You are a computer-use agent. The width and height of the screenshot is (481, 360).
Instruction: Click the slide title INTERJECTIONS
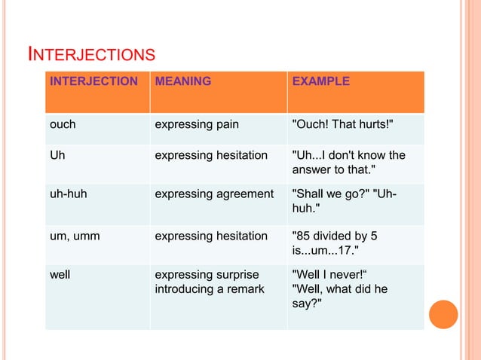tap(91, 54)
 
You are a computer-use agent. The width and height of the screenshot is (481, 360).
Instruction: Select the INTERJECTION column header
tap(93, 81)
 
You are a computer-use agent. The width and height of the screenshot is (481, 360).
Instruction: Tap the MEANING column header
tap(182, 81)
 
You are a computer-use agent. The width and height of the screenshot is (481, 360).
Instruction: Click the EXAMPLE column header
tap(320, 81)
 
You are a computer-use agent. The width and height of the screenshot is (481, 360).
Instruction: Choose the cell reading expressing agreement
tap(214, 194)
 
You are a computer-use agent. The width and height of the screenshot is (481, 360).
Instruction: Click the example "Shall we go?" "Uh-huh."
tap(345, 200)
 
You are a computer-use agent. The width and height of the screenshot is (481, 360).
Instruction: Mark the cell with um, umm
tap(75, 236)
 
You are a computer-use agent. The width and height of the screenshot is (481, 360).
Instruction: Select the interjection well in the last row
tap(60, 275)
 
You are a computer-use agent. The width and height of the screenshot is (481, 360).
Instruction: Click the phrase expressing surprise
tap(207, 275)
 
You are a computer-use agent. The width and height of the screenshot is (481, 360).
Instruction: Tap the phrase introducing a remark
tap(210, 289)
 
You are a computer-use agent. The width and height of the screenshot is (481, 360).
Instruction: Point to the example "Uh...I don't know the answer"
tap(348, 162)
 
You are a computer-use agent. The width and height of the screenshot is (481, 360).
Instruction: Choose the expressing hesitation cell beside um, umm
tap(211, 236)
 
